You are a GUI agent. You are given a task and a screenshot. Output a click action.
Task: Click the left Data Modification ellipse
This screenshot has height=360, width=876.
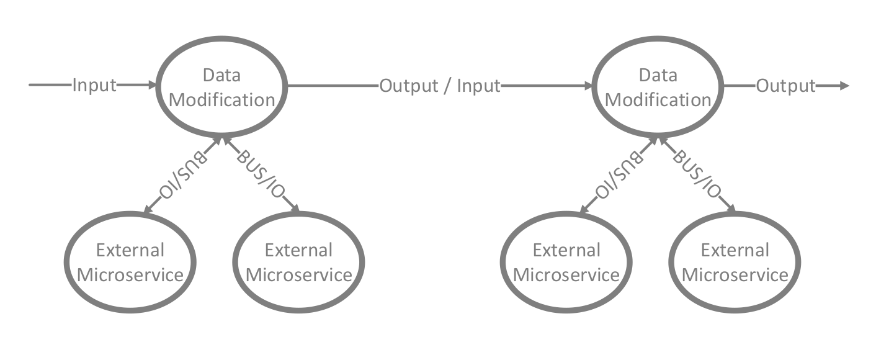pyautogui.click(x=221, y=87)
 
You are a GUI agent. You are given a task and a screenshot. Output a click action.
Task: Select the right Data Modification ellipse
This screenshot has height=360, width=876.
pyautogui.click(x=658, y=87)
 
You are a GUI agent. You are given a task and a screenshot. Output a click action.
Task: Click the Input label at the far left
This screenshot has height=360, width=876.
pyautogui.click(x=94, y=86)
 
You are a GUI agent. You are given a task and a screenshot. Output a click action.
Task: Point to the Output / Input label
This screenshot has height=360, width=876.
pyautogui.click(x=439, y=86)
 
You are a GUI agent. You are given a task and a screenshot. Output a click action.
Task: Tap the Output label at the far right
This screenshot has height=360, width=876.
pyautogui.click(x=785, y=86)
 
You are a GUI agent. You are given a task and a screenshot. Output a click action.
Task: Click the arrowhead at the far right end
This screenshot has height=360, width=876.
pyautogui.click(x=844, y=86)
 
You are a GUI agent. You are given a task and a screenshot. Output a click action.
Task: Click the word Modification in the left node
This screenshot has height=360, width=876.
pyautogui.click(x=221, y=99)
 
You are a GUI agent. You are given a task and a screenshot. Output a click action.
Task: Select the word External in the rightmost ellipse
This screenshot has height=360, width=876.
pyautogui.click(x=735, y=250)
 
